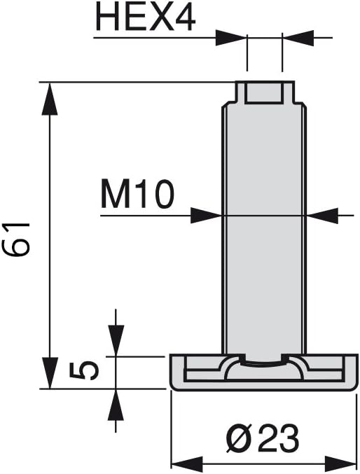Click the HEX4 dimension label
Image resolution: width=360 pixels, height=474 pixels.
point(146,18)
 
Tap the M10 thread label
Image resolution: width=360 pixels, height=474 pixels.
point(138,194)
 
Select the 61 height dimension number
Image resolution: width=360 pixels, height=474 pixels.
point(16,239)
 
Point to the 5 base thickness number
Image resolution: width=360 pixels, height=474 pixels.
point(84,371)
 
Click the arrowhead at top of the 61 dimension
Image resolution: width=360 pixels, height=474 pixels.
point(50,99)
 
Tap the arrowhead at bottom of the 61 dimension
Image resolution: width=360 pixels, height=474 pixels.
point(50,372)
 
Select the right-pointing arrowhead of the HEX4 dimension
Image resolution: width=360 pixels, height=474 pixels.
point(231,38)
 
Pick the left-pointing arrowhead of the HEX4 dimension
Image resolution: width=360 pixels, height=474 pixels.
point(298,38)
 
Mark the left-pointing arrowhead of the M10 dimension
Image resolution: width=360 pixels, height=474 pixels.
point(322,216)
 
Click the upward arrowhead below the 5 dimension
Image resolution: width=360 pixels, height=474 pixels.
point(116,405)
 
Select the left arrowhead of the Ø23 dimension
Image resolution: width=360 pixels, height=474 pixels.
point(188,463)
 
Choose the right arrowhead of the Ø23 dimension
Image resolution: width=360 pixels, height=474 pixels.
point(340,463)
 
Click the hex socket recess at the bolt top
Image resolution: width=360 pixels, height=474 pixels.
point(265,93)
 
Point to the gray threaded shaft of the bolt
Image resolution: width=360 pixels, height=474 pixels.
point(265,230)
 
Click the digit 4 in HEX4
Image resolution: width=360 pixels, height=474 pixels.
point(184,18)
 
